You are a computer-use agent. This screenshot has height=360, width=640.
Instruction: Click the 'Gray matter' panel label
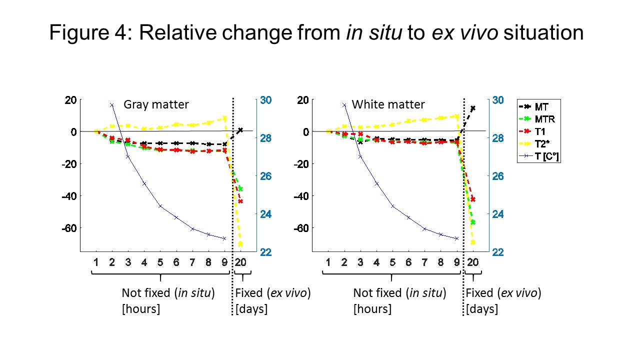click(156, 104)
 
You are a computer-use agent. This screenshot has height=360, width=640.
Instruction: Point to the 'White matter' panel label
click(388, 104)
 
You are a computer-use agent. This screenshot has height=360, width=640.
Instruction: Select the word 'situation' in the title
click(543, 33)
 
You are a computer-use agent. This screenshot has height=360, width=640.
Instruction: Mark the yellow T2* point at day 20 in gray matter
click(240, 244)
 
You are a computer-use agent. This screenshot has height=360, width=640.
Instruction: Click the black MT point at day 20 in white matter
click(473, 108)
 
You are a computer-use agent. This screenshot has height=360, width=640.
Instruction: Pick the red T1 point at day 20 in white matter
click(473, 199)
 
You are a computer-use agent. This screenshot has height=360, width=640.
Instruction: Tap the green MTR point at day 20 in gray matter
click(240, 188)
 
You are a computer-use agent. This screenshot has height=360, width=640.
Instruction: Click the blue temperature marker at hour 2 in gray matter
click(111, 105)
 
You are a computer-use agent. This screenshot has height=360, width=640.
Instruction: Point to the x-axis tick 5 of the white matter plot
click(392, 262)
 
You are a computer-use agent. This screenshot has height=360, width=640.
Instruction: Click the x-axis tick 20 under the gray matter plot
click(240, 262)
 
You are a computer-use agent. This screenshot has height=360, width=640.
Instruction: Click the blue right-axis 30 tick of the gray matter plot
click(265, 100)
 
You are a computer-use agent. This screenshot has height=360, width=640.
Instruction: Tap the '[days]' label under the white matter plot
click(482, 309)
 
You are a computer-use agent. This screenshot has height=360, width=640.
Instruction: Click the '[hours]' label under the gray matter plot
click(141, 309)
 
